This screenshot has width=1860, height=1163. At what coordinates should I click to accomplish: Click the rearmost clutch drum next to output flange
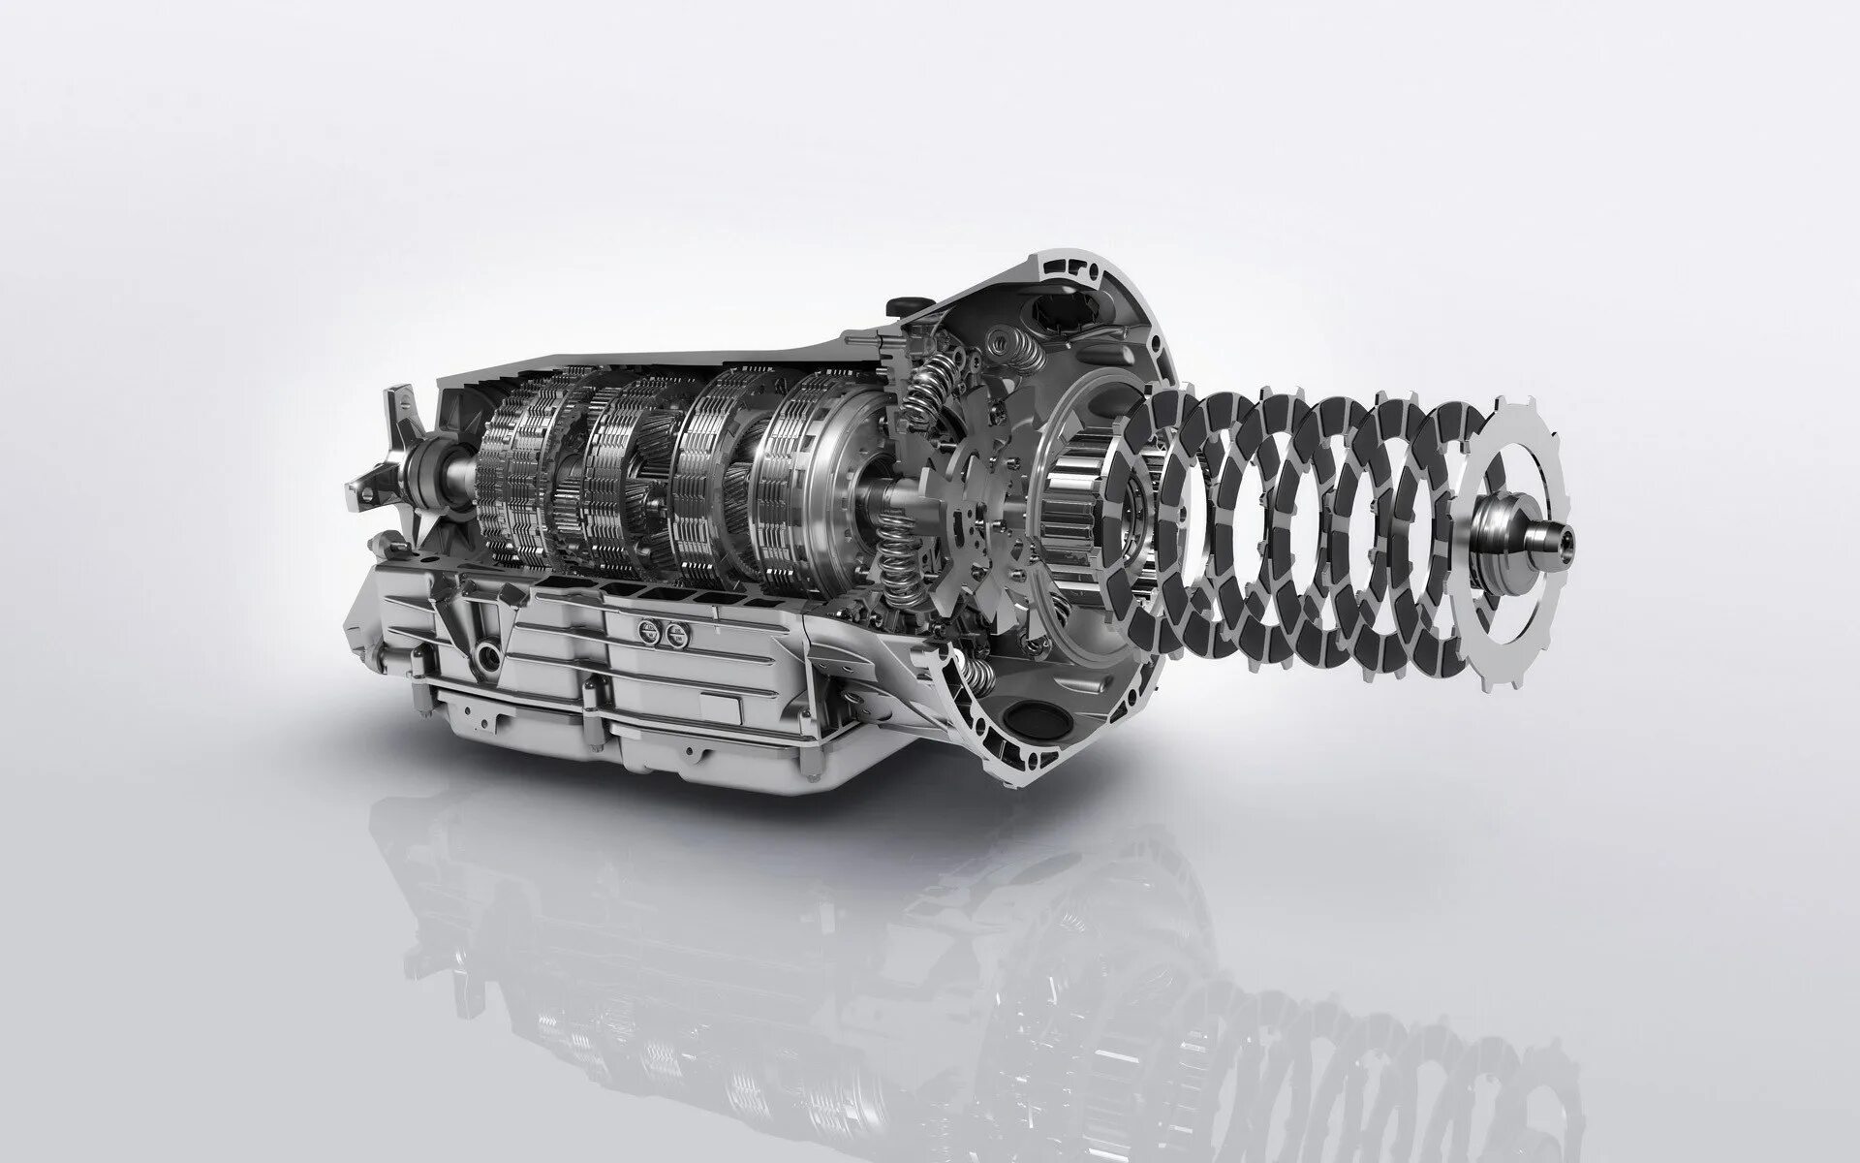[x=509, y=465]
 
